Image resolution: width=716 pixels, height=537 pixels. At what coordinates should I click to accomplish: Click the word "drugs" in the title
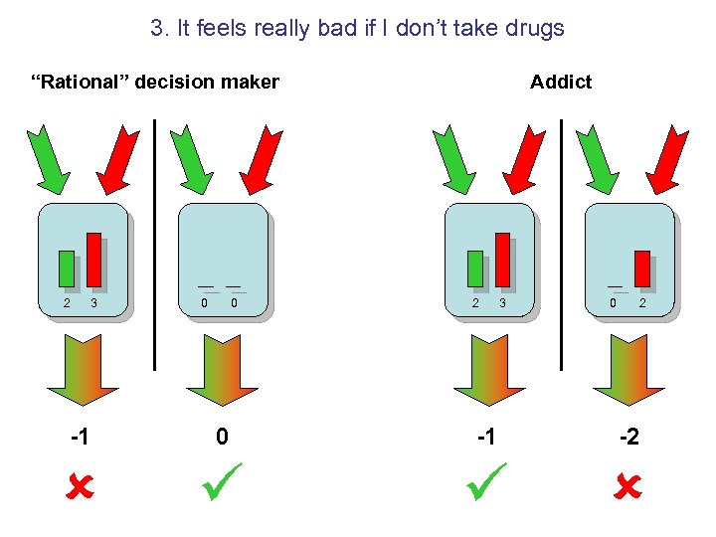point(533,28)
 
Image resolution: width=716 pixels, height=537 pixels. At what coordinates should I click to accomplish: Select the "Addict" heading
point(561,82)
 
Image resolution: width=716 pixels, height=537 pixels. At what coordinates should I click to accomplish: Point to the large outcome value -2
point(627,437)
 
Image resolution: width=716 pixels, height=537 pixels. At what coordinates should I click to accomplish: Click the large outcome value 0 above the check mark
point(223,437)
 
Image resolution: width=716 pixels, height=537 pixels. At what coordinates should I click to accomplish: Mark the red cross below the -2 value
point(628,487)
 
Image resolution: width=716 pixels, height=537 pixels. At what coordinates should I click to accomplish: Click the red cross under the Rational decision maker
point(81,487)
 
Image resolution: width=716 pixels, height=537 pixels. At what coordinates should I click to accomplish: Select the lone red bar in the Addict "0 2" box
point(642,268)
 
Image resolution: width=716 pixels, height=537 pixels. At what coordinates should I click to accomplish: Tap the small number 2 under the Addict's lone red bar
point(642,302)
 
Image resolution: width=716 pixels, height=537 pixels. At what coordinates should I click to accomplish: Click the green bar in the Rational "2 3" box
point(67,268)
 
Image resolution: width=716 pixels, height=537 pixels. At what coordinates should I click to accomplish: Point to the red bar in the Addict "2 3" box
point(502,259)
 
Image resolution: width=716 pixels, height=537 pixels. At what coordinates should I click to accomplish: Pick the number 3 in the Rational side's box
point(93,302)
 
